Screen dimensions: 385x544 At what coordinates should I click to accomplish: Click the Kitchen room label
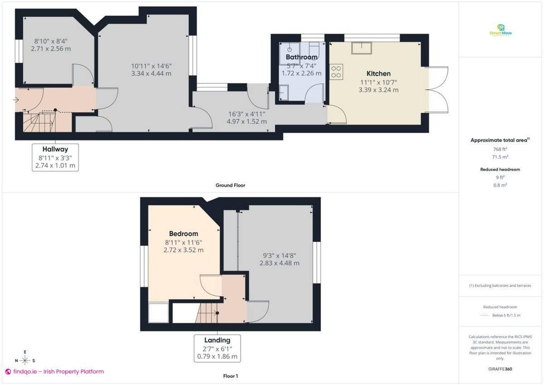pos(378,73)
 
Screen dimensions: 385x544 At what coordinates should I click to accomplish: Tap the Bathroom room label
pos(301,57)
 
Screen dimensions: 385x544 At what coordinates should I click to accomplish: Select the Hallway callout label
pos(55,149)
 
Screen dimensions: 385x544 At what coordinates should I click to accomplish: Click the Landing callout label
pos(217,340)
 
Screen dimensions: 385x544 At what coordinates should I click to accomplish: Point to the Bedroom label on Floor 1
pos(183,234)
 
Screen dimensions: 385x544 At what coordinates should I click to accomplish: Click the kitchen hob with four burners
pos(337,71)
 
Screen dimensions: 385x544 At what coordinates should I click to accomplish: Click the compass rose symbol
pos(25,361)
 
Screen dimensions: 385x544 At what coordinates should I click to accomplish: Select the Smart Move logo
pos(500,30)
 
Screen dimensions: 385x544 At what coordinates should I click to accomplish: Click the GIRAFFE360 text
pos(500,369)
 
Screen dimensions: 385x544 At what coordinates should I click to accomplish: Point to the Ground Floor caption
pos(230,185)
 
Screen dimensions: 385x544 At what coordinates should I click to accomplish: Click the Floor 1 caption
pos(230,376)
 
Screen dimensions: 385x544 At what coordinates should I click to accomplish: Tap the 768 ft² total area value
pos(500,149)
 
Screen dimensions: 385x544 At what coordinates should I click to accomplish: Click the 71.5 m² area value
pos(500,157)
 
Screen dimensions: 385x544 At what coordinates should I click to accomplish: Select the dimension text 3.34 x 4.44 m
pos(151,73)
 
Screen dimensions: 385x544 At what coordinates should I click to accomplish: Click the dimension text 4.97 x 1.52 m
pos(247,122)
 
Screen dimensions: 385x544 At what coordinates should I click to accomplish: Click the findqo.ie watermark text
pos(54,371)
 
